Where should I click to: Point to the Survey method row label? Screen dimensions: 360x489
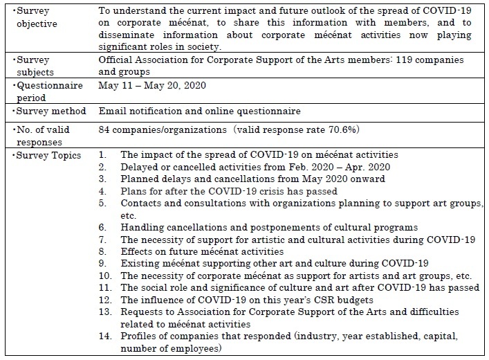(47, 111)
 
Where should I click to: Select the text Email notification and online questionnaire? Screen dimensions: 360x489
(199, 111)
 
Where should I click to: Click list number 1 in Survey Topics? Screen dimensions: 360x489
(102, 156)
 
